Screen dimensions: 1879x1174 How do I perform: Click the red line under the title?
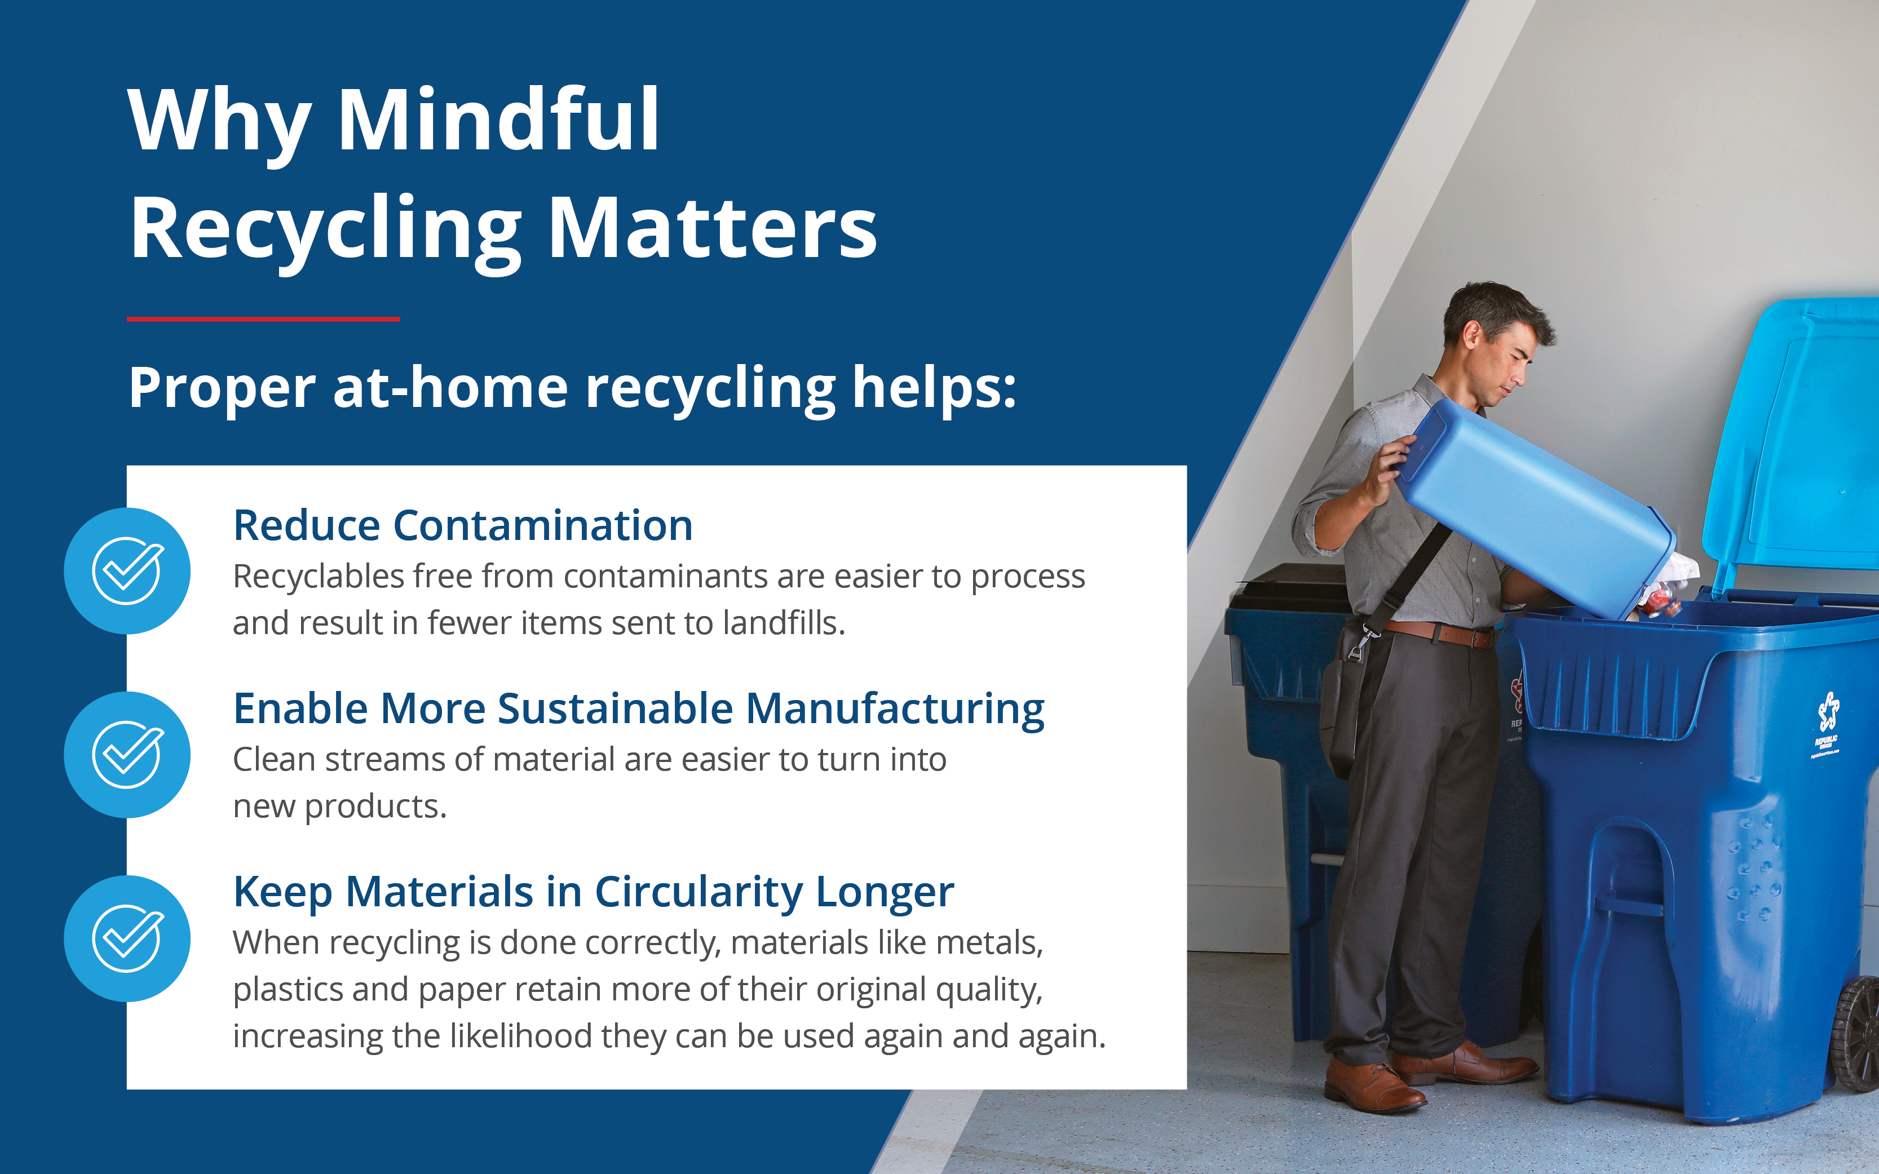[x=263, y=318]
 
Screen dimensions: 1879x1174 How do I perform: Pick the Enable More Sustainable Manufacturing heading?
[x=638, y=709]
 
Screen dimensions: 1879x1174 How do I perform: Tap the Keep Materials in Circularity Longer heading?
[x=593, y=892]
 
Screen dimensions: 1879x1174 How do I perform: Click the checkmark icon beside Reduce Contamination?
[x=127, y=571]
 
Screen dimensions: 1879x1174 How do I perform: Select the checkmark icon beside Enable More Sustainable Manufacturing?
[x=127, y=755]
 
